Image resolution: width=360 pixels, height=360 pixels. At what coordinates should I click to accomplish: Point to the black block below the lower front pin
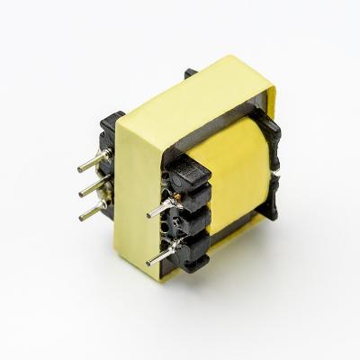193,266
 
